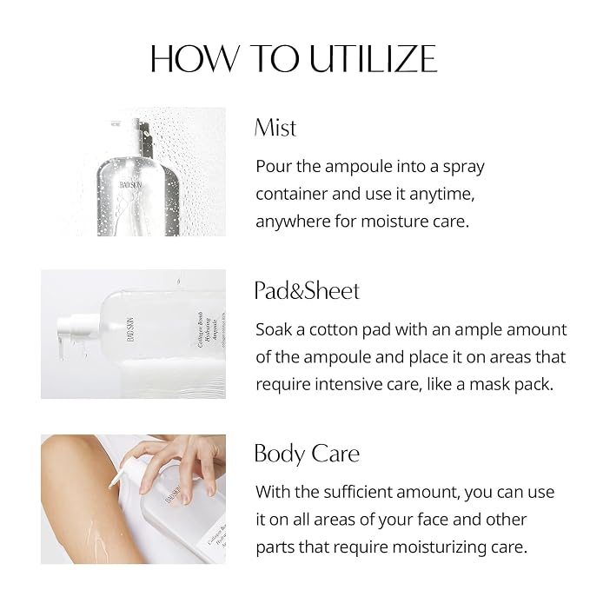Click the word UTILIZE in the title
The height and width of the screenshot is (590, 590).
coord(374,59)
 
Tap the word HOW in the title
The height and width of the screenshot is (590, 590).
coord(195,59)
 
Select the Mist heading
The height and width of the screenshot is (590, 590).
coord(275,128)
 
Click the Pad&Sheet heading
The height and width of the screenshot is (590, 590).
coord(307,291)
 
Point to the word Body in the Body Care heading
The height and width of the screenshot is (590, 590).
coord(280,454)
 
